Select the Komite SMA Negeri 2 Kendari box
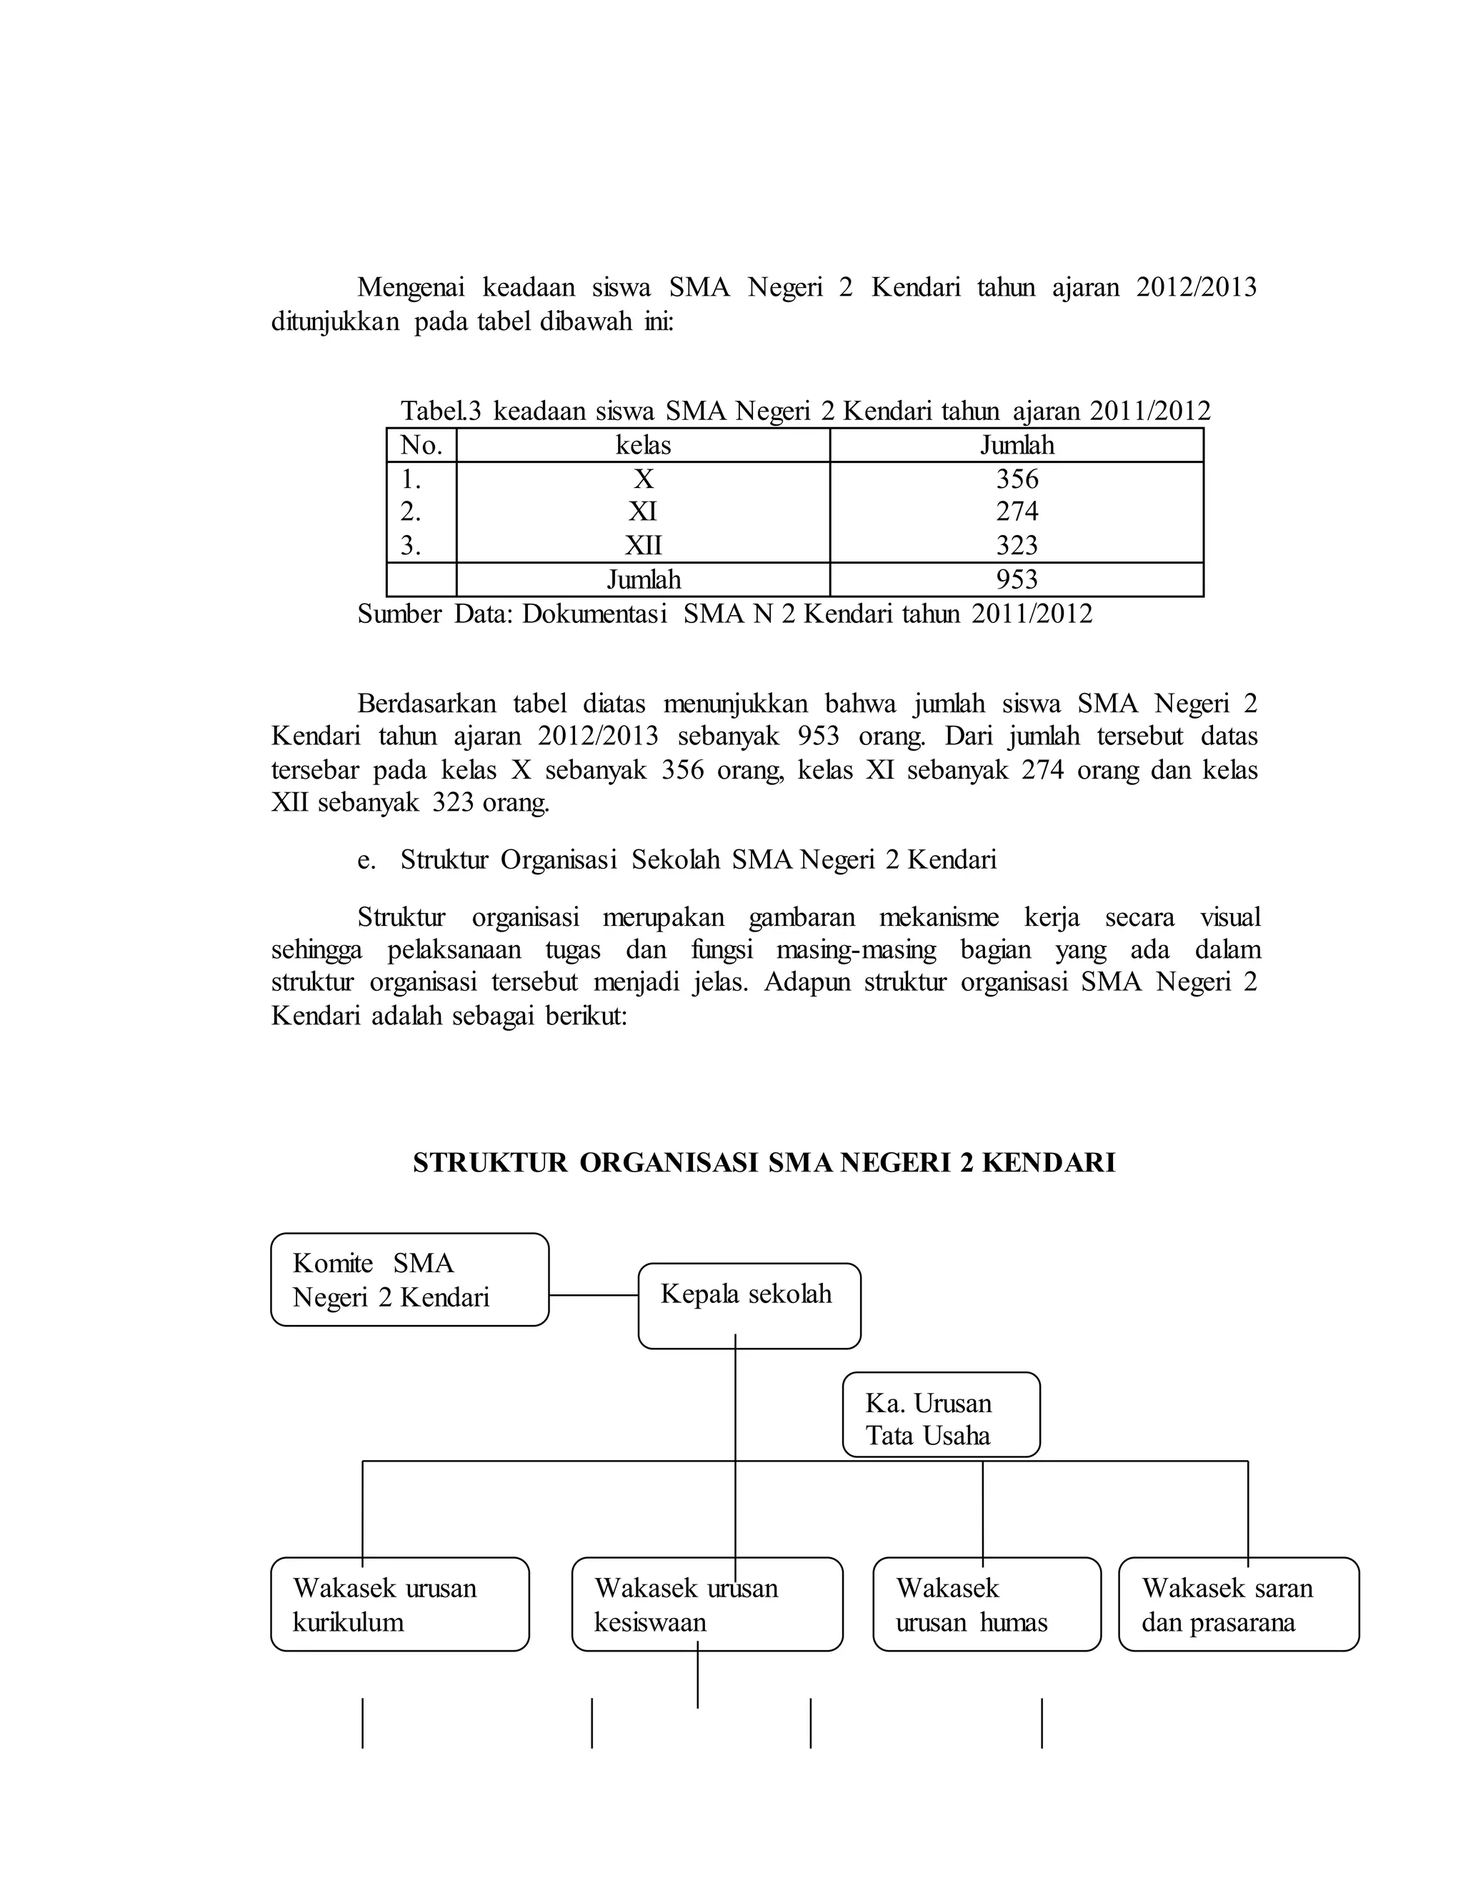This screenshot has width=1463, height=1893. (409, 1279)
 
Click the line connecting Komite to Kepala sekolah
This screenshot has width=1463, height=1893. (594, 1295)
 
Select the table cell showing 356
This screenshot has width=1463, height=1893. (1016, 479)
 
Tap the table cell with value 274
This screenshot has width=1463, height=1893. (1016, 511)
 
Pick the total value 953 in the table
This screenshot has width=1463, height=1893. (1016, 580)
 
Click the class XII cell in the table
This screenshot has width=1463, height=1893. (643, 545)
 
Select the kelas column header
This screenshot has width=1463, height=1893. (643, 446)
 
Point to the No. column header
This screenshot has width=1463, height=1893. (421, 446)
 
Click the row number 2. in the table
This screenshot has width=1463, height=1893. (410, 512)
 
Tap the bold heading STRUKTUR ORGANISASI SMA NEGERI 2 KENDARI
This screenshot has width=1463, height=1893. (764, 1162)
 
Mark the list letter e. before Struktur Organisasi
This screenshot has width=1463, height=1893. (366, 860)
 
